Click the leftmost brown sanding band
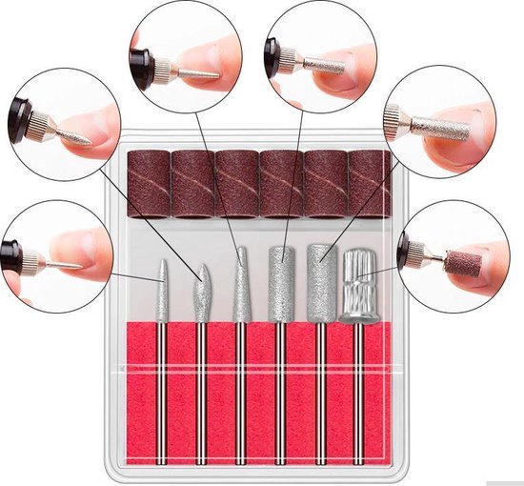click(148, 182)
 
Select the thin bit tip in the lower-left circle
click(64, 261)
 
